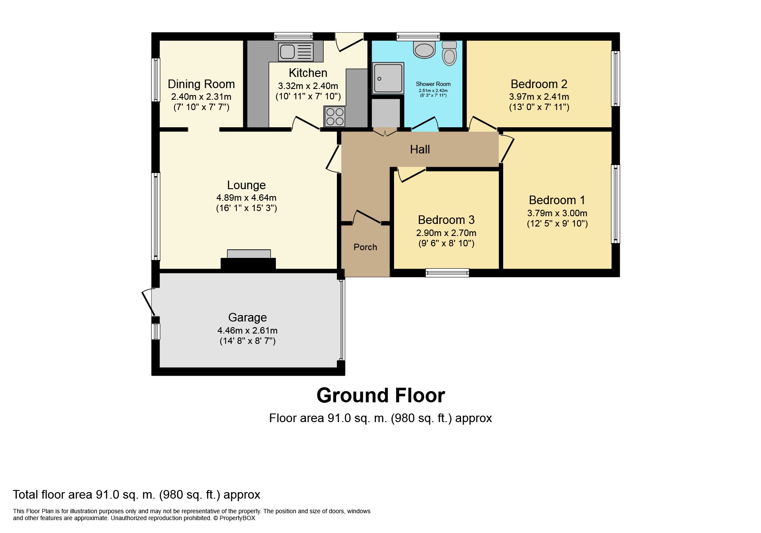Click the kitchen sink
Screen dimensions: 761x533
(296, 52)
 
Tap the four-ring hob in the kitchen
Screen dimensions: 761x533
(335, 116)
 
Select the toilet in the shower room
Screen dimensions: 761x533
(449, 53)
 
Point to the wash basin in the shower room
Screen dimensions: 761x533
(425, 49)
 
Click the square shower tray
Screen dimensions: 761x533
(388, 78)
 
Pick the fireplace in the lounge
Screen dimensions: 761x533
(248, 260)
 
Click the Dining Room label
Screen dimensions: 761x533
(201, 84)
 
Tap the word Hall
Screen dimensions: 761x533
(420, 149)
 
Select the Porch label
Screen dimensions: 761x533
(365, 247)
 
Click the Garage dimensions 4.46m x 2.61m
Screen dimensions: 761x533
(248, 331)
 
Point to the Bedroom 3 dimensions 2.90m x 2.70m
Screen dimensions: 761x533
(446, 233)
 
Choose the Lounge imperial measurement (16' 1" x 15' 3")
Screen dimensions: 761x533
(247, 208)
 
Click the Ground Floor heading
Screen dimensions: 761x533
(381, 395)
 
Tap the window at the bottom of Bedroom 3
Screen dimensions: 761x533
(447, 273)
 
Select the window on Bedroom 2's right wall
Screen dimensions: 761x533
(616, 79)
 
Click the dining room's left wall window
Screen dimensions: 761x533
(156, 80)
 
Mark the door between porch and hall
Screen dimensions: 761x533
(366, 217)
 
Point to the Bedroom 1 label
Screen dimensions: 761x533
(557, 200)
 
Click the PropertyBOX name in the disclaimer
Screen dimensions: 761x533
(237, 518)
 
